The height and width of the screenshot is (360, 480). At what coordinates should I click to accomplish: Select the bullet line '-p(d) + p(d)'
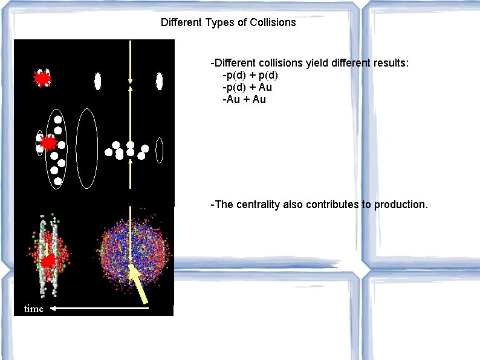click(x=250, y=75)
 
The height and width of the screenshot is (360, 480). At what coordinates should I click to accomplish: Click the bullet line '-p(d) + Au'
click(x=247, y=87)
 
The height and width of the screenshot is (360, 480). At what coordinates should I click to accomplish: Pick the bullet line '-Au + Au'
click(x=244, y=99)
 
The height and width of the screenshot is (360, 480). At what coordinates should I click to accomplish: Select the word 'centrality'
click(x=258, y=205)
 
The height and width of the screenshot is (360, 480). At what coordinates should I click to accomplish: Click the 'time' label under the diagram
click(x=34, y=309)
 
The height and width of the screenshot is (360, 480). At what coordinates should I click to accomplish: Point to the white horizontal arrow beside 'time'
click(x=99, y=309)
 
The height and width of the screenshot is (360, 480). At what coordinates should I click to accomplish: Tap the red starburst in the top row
click(x=42, y=79)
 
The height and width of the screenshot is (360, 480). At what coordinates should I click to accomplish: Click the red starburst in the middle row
click(x=48, y=143)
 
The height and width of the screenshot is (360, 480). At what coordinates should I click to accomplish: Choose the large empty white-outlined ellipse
click(x=87, y=148)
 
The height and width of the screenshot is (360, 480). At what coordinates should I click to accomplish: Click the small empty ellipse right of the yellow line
click(x=159, y=150)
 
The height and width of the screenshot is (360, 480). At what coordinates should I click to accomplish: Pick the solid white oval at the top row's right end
click(x=159, y=80)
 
